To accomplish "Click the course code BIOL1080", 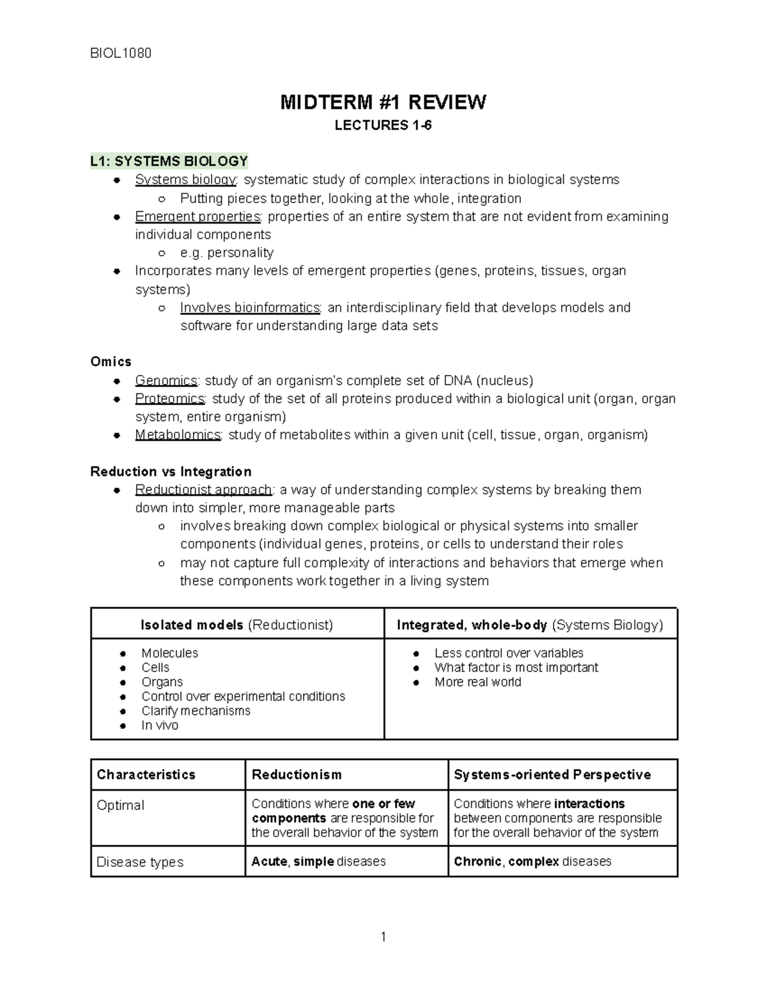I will coord(121,53).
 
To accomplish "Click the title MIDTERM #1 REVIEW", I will coord(383,102).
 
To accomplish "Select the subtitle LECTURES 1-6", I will coord(383,126).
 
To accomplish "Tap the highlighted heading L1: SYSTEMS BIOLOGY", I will coord(169,161).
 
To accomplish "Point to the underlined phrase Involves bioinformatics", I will coord(250,308).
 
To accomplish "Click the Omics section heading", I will coord(111,362).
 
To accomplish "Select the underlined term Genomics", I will coord(166,381).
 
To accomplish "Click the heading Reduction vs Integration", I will coord(171,472).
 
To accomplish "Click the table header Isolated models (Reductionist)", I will coord(236,625).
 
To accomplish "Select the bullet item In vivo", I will coord(160,726).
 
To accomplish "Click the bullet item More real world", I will coord(477,682).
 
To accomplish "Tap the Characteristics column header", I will coord(146,775).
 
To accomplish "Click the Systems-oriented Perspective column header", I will coord(552,775).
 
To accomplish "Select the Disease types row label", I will coord(140,862).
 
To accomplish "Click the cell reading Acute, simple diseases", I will coord(318,862).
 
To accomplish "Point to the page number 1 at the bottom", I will coord(383,938).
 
